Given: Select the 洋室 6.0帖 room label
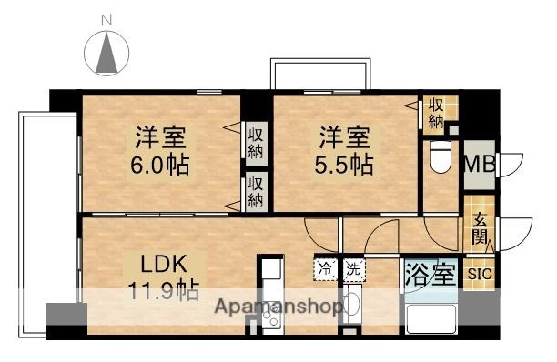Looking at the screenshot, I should (x=162, y=151).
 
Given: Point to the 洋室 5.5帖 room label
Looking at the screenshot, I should (x=345, y=151).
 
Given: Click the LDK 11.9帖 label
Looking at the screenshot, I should (x=164, y=277).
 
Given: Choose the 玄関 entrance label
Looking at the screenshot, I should (x=480, y=233).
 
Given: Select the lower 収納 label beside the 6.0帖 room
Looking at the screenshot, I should (x=258, y=191).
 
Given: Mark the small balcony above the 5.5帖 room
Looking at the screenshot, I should (x=321, y=74).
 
